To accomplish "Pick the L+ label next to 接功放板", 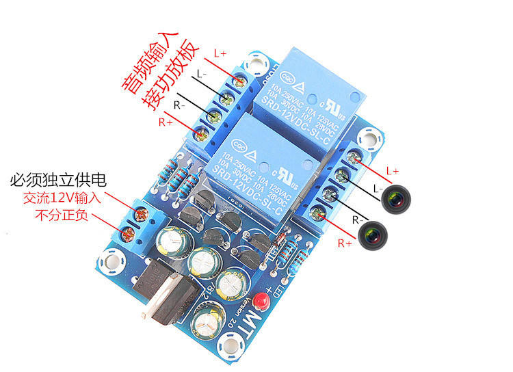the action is (x=220, y=53).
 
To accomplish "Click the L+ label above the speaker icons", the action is (x=393, y=170).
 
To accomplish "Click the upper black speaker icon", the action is (x=395, y=198).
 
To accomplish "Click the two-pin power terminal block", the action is (x=137, y=222).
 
